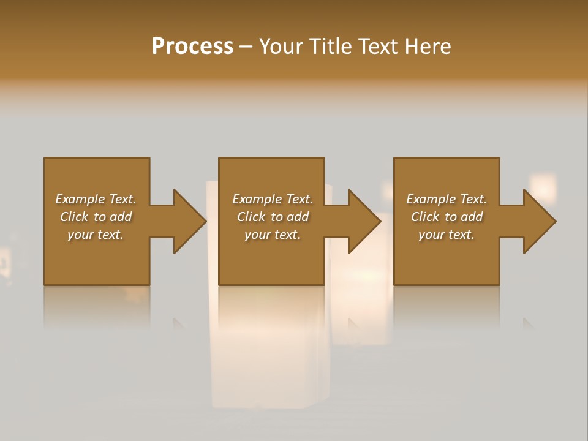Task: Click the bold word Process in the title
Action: click(x=192, y=47)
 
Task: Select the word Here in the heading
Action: click(x=428, y=47)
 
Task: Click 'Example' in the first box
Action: click(x=80, y=199)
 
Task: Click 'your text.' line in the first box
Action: click(x=96, y=235)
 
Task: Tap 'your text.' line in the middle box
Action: click(x=273, y=235)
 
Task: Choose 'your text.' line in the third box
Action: click(x=447, y=235)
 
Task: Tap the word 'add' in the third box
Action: click(x=472, y=217)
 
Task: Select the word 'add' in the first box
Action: click(x=121, y=217)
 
